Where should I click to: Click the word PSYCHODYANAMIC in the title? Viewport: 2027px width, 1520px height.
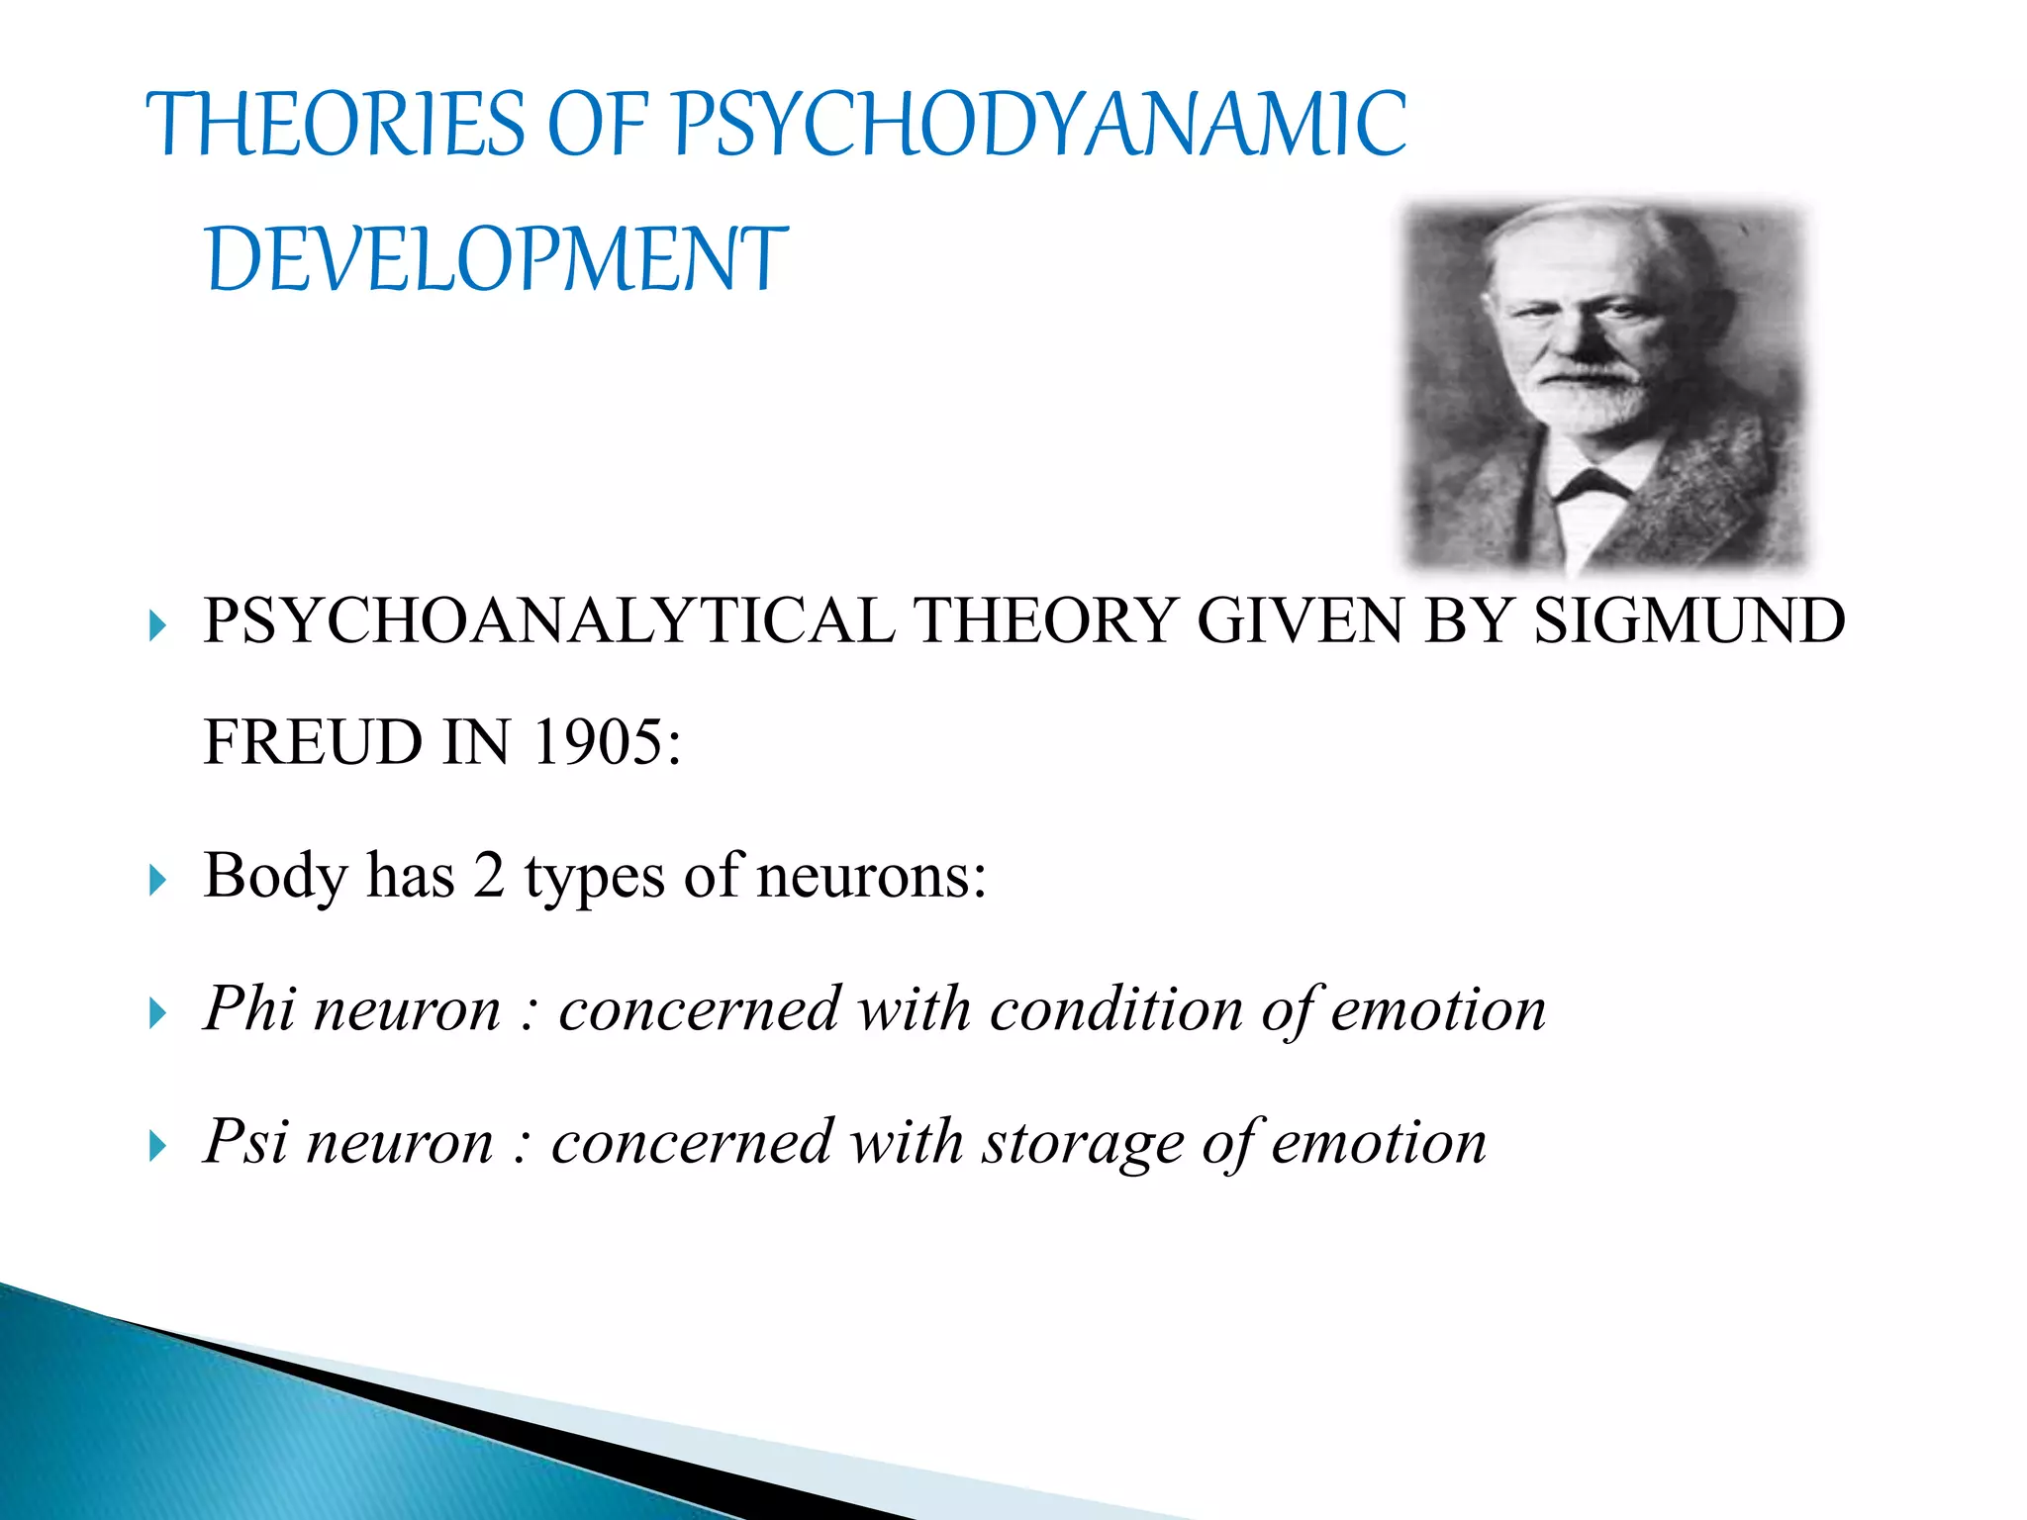pos(1039,125)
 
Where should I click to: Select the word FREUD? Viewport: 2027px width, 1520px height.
pos(313,742)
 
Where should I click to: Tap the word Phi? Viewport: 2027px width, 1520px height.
pos(249,1009)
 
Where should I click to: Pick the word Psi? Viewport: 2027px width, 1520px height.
pos(245,1142)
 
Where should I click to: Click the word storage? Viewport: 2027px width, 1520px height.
pos(1083,1144)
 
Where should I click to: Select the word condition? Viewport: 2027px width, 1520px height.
pos(1116,1009)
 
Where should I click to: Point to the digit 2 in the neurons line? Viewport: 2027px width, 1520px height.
pos(489,877)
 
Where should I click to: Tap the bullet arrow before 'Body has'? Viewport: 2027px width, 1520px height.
pos(157,880)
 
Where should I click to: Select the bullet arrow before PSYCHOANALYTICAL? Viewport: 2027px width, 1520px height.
pos(157,625)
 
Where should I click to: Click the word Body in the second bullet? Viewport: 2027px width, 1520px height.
pos(275,877)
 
